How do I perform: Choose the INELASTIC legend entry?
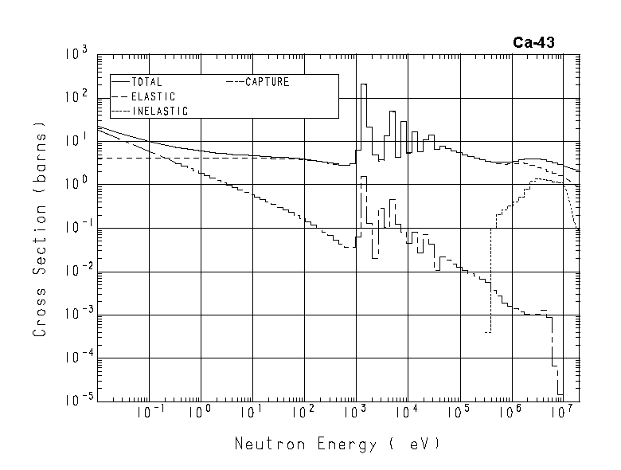point(159,111)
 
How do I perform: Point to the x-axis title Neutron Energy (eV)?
point(336,444)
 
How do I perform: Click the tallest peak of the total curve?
point(364,84)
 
